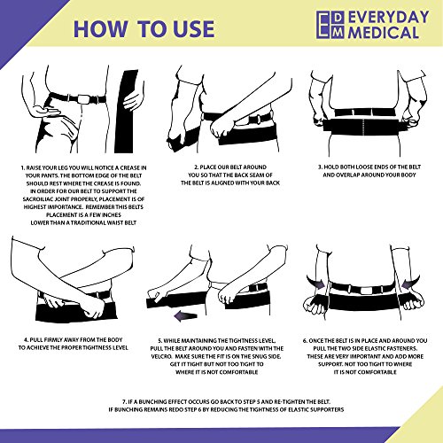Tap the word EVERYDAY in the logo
[389, 18]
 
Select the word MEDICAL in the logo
[384, 32]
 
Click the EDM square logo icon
[330, 25]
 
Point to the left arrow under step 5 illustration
[185, 316]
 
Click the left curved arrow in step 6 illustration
[315, 283]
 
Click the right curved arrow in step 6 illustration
[411, 283]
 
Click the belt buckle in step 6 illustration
[367, 290]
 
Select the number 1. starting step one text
[23, 167]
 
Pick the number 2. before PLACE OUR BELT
[197, 167]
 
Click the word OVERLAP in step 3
[347, 175]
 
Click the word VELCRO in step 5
[160, 356]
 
